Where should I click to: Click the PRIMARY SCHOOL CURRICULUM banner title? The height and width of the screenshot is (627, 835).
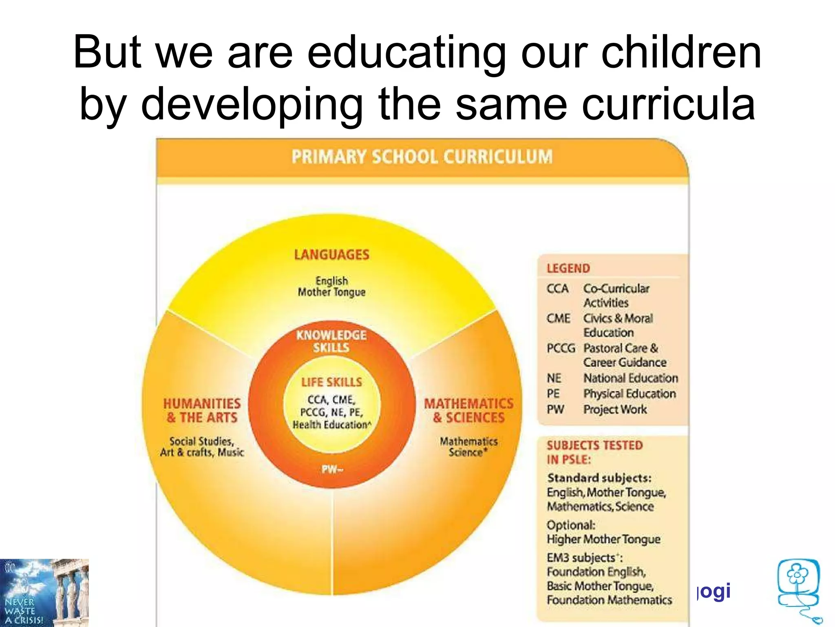[x=422, y=157]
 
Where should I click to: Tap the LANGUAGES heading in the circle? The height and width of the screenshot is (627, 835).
[x=331, y=255]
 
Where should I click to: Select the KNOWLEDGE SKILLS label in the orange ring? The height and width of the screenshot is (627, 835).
[x=331, y=341]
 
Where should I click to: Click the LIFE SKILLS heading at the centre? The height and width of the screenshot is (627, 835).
[x=331, y=382]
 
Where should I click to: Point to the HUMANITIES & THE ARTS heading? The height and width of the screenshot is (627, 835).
[x=202, y=411]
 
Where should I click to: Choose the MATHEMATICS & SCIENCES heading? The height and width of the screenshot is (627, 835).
[x=468, y=411]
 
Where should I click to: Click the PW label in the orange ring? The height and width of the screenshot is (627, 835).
[x=332, y=469]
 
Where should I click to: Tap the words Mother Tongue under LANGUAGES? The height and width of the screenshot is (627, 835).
[x=331, y=292]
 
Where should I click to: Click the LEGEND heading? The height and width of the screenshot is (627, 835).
[x=568, y=269]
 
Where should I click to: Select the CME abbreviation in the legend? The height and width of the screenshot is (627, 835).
[x=558, y=318]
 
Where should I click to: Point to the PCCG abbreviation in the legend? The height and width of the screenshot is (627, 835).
[x=561, y=349]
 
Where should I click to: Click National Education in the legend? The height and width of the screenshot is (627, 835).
[x=630, y=378]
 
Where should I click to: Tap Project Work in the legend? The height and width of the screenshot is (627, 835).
[x=615, y=409]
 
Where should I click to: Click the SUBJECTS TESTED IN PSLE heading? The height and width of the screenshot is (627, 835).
[x=594, y=452]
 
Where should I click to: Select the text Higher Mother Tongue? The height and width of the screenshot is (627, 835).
[x=603, y=539]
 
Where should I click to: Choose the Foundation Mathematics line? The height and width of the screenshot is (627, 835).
[x=609, y=600]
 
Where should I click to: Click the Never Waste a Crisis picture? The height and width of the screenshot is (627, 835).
[x=44, y=593]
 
